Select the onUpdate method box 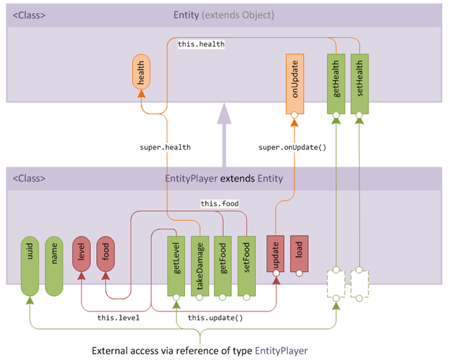294,83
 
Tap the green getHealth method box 336,83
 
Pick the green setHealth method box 359,83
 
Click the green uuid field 30,266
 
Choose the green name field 54,266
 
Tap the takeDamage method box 200,266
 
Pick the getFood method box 223,266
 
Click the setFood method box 246,266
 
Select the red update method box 276,255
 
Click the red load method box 299,255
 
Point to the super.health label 165,148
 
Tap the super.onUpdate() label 292,148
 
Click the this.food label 219,204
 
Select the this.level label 117,318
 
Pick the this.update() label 215,318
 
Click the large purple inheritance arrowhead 224,113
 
